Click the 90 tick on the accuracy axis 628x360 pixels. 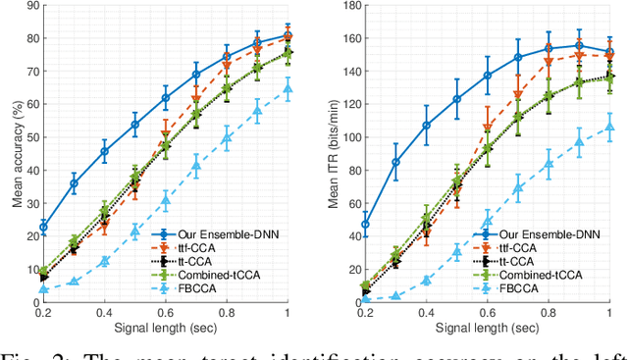coord(31,6)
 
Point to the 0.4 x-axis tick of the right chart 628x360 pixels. coord(427,312)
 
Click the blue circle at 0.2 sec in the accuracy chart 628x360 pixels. coord(43,227)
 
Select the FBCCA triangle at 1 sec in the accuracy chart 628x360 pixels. coord(288,88)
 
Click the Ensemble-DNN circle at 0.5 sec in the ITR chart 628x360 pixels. coord(457,98)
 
